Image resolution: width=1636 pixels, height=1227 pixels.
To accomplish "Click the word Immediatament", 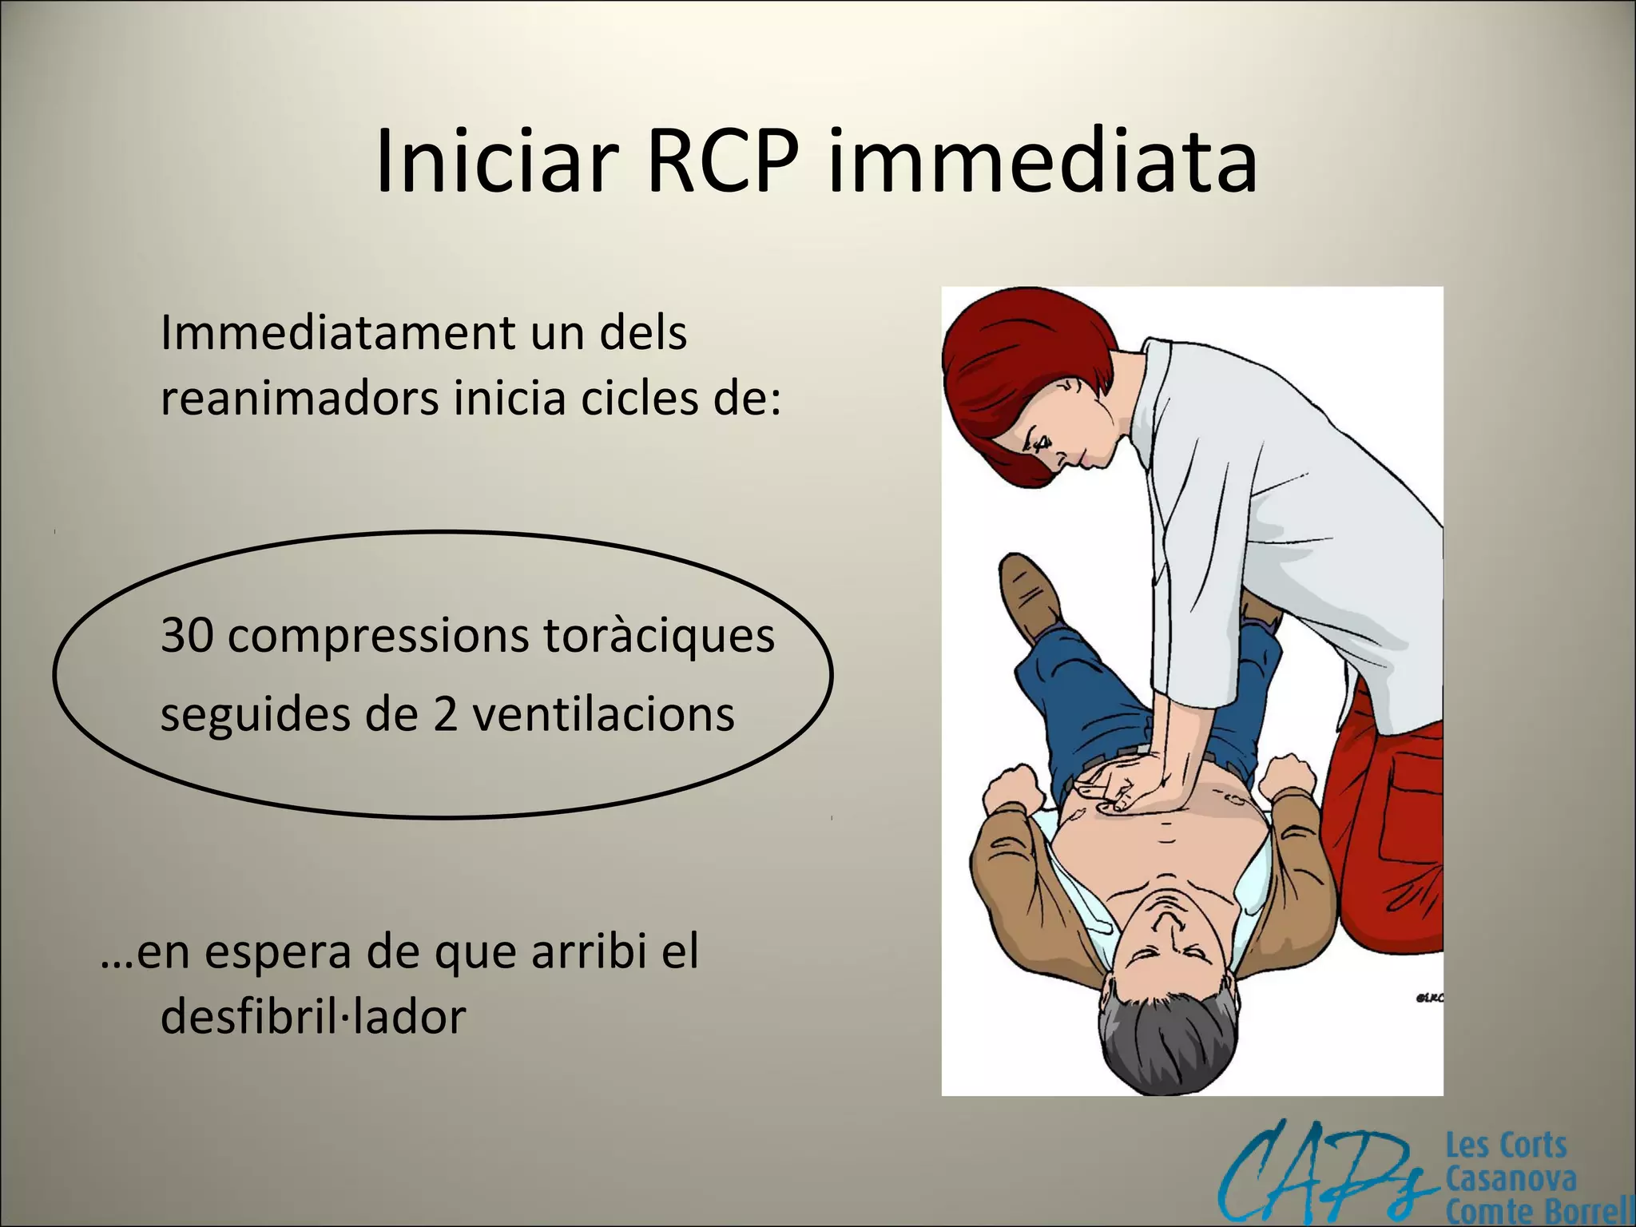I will (x=335, y=333).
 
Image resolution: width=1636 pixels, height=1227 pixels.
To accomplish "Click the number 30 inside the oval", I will (x=186, y=637).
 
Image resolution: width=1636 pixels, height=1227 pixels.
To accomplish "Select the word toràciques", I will (x=659, y=637).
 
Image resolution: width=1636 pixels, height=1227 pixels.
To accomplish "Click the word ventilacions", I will (x=603, y=714).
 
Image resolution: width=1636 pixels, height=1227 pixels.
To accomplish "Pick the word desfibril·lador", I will (x=313, y=1017).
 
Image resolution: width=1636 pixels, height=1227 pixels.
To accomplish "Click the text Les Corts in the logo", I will (x=1506, y=1146).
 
